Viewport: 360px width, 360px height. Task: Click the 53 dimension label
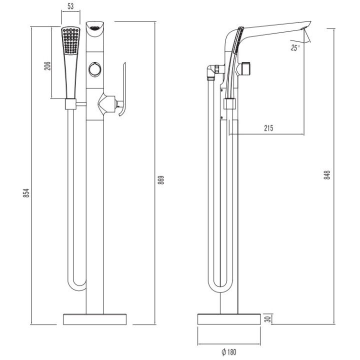point(70,6)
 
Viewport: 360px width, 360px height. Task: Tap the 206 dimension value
point(47,66)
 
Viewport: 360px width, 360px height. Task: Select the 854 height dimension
point(26,193)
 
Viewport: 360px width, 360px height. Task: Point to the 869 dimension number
point(161,180)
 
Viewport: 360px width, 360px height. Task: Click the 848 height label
point(327,174)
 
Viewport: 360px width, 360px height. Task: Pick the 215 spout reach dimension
point(268,128)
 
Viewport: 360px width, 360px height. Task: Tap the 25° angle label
point(295,48)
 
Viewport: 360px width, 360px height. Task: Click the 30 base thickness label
point(268,318)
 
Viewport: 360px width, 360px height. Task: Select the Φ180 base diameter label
point(229,351)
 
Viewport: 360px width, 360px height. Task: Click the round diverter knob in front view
point(95,69)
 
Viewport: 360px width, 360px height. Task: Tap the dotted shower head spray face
point(71,40)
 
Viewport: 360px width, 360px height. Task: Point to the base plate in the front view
point(95,319)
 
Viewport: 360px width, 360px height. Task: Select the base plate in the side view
point(229,319)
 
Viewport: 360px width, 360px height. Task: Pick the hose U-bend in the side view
point(220,284)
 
